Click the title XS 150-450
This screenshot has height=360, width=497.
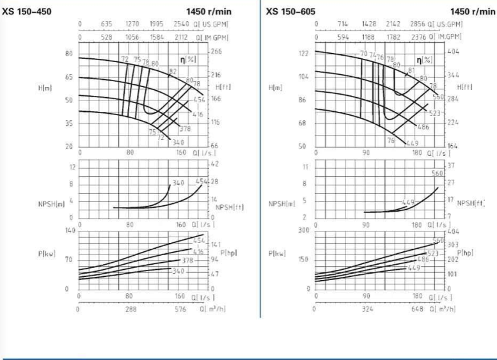[x=27, y=12]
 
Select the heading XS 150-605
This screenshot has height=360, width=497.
[x=290, y=12]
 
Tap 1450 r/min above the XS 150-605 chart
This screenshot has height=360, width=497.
[x=473, y=12]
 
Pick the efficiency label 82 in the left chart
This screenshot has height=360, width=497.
[x=172, y=70]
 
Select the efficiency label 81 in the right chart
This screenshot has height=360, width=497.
[x=411, y=70]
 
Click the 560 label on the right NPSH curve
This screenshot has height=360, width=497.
[x=438, y=173]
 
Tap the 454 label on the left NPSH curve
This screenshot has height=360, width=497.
[x=201, y=182]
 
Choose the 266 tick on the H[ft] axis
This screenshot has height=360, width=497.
[x=216, y=52]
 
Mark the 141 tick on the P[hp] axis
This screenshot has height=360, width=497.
[x=216, y=244]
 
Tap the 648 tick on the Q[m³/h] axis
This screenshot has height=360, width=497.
[x=418, y=309]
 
